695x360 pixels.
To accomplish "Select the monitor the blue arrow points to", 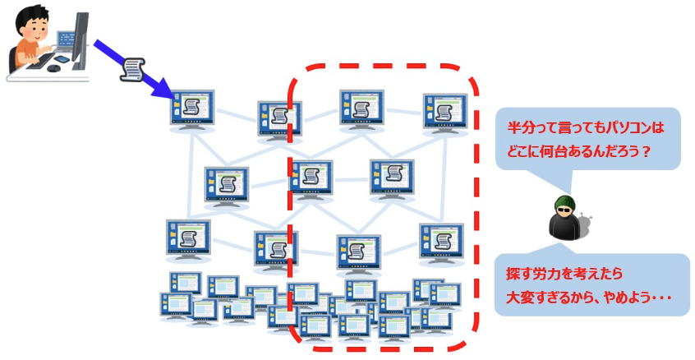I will pyautogui.click(x=193, y=108).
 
